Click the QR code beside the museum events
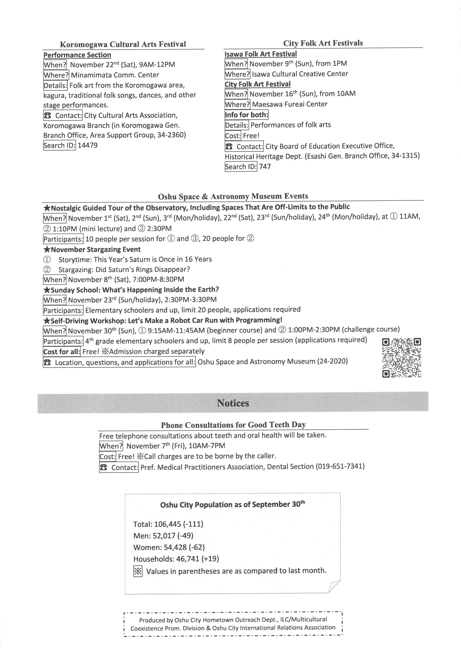point(402,358)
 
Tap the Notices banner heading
point(233,403)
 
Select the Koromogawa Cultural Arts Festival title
point(123,44)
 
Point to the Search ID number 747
point(265,166)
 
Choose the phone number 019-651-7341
point(340,466)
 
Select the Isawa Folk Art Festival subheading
point(261,54)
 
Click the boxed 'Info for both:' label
point(246,115)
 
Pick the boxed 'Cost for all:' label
point(62,351)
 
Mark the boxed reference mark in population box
point(138,571)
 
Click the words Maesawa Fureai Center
point(289,104)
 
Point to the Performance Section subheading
point(77,55)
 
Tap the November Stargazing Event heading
point(92,249)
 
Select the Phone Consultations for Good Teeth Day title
point(233,425)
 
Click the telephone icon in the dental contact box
point(104,467)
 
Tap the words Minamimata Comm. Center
point(115,75)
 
